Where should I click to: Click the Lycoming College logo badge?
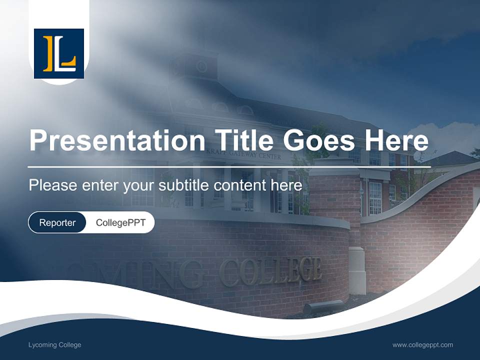59,53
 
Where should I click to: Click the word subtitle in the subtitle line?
184,185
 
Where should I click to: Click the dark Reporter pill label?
57,222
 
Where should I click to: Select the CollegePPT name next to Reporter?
120,222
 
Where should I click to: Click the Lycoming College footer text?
55,345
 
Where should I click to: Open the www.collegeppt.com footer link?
422,345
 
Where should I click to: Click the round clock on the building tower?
201,66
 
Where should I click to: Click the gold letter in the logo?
48,53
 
